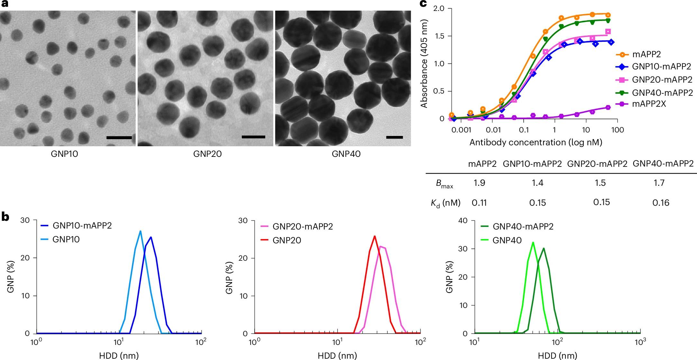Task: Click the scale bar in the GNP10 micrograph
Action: [119, 138]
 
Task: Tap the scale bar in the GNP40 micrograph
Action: [394, 137]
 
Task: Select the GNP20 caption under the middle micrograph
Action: [207, 154]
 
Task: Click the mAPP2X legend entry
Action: [649, 104]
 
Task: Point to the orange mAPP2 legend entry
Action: [646, 54]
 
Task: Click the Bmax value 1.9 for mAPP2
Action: [479, 183]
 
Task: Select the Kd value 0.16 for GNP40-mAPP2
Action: [661, 203]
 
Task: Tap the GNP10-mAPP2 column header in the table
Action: [532, 164]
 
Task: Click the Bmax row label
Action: [444, 184]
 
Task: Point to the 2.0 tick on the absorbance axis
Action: [439, 9]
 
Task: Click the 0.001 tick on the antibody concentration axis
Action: [461, 130]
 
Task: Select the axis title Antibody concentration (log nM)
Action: [536, 142]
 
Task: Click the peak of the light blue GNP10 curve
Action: [140, 231]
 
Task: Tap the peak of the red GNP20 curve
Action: [375, 236]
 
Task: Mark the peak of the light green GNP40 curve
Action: [533, 242]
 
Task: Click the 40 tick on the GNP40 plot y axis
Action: [463, 221]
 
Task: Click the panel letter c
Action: [423, 4]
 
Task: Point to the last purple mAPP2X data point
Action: [608, 107]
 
